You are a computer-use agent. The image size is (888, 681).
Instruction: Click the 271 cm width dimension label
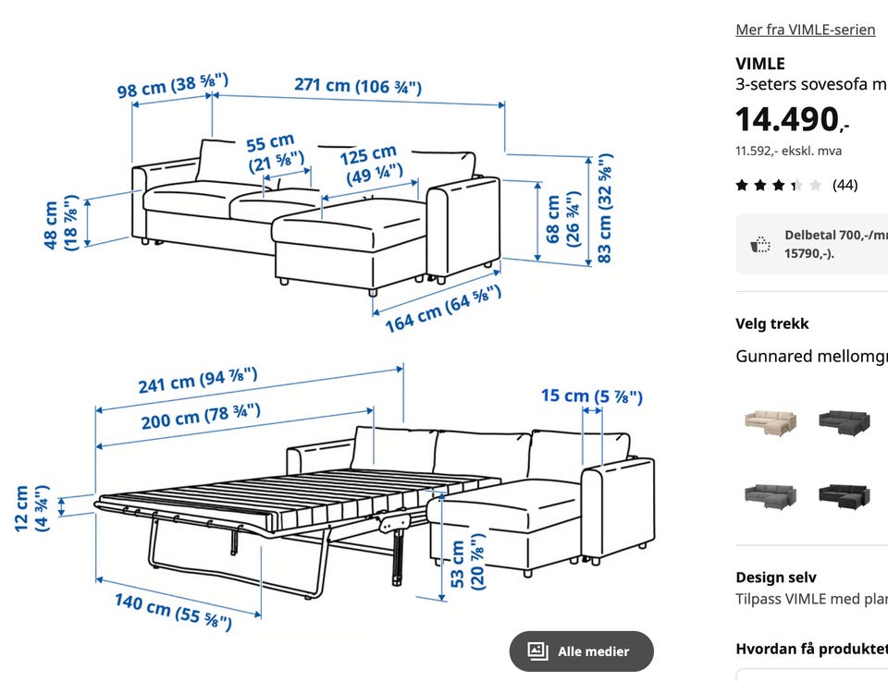pos(358,86)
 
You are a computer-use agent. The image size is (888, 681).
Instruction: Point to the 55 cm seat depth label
pos(274,153)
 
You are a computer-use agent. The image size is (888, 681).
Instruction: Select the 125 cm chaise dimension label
pos(372,164)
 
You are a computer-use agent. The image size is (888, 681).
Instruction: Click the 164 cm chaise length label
pos(443,310)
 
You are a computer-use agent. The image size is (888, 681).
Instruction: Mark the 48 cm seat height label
pos(60,224)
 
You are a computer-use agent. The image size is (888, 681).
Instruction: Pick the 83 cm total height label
pos(605,208)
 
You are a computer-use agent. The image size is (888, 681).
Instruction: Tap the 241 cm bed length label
pos(198,380)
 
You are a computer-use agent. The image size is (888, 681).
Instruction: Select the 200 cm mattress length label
pos(201,417)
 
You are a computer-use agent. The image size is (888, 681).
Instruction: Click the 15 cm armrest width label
pos(592,395)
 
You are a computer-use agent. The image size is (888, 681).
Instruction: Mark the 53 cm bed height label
pos(467,562)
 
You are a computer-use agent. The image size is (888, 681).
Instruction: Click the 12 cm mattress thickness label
pos(31,508)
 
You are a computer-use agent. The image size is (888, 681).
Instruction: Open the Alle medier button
pos(581,651)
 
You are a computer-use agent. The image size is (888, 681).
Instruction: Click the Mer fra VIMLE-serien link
pos(806,30)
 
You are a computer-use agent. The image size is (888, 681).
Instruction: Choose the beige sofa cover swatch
pos(770,422)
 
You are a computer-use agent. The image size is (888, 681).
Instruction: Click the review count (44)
pos(845,185)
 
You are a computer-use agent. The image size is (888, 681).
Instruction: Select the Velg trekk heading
pos(771,323)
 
